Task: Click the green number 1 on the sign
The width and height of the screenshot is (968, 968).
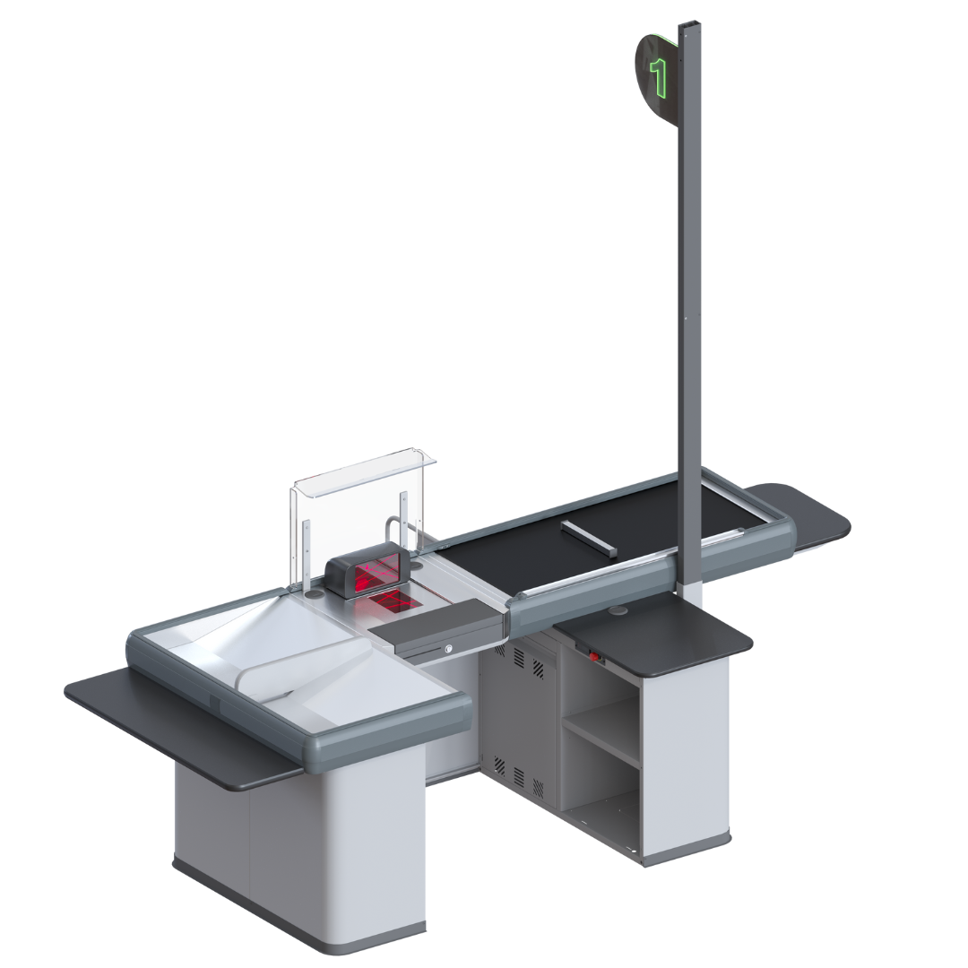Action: tap(659, 77)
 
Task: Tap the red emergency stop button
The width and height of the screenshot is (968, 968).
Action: tap(594, 655)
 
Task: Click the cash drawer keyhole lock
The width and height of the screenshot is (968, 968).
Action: tap(449, 648)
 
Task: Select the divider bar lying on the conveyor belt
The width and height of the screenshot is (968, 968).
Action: tap(588, 537)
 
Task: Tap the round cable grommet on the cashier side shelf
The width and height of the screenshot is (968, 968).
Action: tap(618, 610)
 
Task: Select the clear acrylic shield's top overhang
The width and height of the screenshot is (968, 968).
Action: tap(363, 474)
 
